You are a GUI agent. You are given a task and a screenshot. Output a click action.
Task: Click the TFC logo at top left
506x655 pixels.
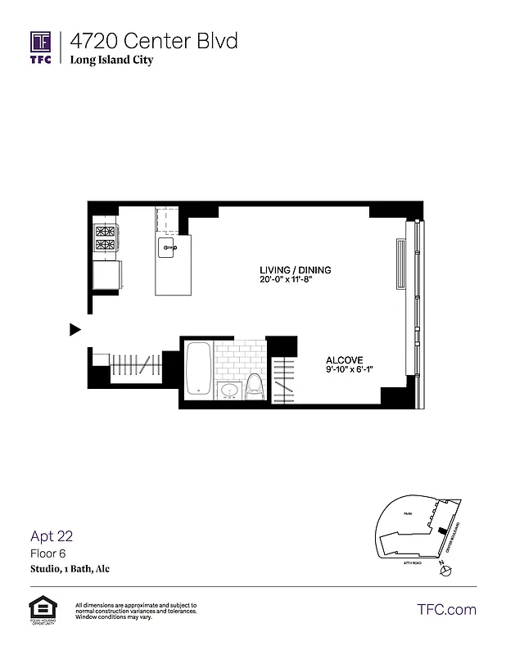pyautogui.click(x=41, y=48)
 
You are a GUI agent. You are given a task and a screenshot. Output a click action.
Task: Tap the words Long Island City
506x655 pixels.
pyautogui.click(x=111, y=61)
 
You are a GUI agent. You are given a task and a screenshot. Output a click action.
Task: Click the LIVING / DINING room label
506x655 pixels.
pyautogui.click(x=295, y=271)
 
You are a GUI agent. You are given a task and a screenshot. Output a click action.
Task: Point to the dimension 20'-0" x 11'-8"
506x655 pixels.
pyautogui.click(x=295, y=280)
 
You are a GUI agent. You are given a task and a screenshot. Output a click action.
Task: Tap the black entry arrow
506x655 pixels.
pyautogui.click(x=75, y=330)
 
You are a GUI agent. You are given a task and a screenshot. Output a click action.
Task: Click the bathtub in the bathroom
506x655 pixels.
pyautogui.click(x=199, y=368)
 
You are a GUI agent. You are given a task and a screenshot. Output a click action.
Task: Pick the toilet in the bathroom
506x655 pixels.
pyautogui.click(x=255, y=386)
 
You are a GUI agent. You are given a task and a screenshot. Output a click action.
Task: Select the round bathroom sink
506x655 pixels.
pyautogui.click(x=229, y=391)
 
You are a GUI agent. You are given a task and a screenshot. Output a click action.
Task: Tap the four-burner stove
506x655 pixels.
pyautogui.click(x=106, y=237)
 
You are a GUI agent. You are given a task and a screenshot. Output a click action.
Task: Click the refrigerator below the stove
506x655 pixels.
pyautogui.click(x=107, y=274)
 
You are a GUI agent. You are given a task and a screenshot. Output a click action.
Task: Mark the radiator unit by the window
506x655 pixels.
pyautogui.click(x=400, y=264)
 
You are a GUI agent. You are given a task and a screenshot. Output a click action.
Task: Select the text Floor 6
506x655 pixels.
pyautogui.click(x=46, y=553)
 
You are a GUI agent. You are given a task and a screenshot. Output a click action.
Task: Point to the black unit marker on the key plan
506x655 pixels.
pyautogui.click(x=442, y=531)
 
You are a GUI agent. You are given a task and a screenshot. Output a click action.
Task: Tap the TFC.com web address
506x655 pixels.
pyautogui.click(x=446, y=609)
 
